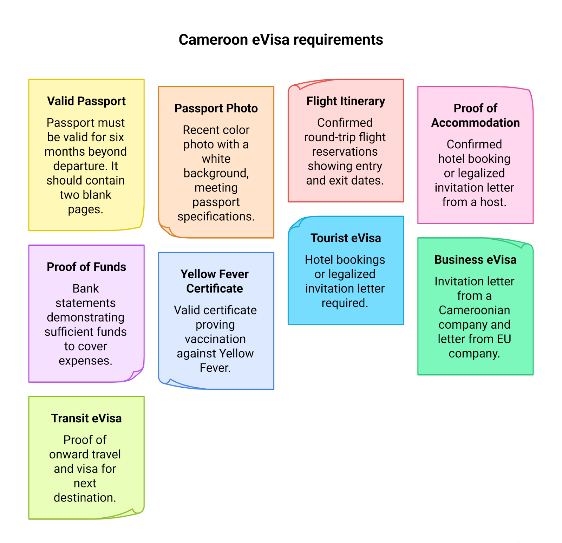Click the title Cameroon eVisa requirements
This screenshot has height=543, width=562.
281,40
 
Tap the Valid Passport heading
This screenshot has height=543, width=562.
86,101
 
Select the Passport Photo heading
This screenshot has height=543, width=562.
216,108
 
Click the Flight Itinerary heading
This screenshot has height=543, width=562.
346,101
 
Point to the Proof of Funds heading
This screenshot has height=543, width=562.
86,267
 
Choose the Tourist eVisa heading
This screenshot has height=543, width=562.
346,238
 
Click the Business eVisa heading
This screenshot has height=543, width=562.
475,260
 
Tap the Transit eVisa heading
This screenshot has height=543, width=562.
86,419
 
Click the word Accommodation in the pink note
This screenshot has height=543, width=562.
475,123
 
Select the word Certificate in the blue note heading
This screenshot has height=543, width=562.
215,289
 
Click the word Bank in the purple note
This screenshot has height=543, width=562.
86,289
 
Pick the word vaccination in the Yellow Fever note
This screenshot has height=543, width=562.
215,339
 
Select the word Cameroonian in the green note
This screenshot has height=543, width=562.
474,310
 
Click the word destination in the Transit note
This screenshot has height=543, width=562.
84,498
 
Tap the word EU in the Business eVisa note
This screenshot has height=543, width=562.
504,339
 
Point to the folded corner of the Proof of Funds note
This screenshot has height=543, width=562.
137,374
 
